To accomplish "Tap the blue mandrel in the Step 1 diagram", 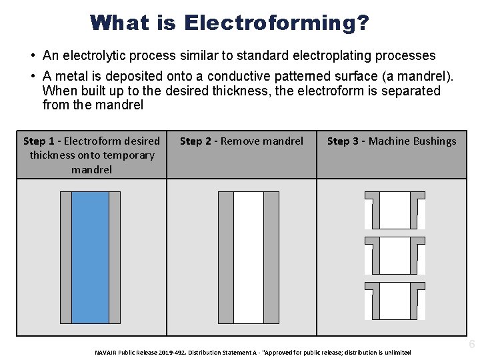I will (90, 257).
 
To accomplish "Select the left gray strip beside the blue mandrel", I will (65, 257).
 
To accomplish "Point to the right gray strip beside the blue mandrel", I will (115, 257).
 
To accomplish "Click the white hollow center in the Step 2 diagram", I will (249, 257).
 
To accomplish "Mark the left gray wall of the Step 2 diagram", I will (226, 257).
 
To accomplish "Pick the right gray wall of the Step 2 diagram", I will (271, 257).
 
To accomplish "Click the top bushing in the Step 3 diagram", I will (395, 210).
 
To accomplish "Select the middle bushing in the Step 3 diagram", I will (395, 255).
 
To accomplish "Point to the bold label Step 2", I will (196, 141).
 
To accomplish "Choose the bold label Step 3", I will (343, 141).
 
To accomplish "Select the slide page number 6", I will (472, 345).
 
